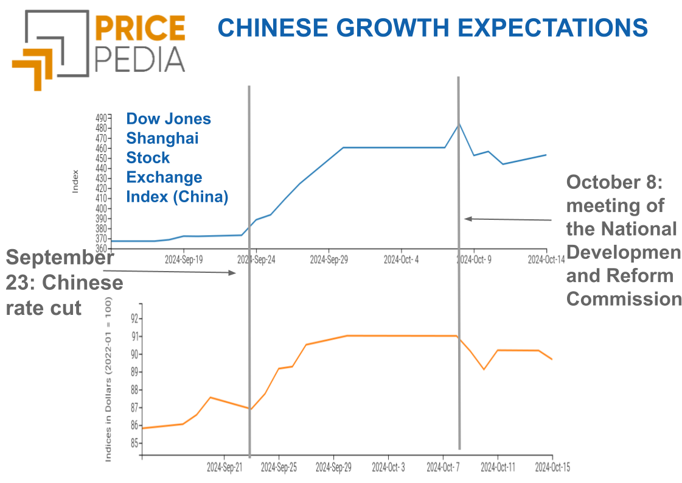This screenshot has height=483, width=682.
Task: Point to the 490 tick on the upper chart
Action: [102, 118]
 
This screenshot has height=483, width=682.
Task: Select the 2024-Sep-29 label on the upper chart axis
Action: [329, 259]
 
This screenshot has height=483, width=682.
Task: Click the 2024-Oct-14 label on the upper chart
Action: [546, 259]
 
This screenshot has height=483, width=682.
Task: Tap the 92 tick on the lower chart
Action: [134, 318]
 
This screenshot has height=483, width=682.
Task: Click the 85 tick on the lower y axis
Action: [134, 443]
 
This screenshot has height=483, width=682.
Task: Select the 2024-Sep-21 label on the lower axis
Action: [224, 467]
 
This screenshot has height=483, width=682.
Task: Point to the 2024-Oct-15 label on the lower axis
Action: [552, 467]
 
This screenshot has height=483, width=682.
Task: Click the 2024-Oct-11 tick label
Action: [498, 467]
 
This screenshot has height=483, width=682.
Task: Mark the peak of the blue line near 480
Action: [459, 123]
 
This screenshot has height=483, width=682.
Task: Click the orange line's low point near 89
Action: [484, 369]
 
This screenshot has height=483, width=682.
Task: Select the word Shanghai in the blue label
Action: [162, 138]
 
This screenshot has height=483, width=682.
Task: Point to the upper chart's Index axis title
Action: [75, 181]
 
